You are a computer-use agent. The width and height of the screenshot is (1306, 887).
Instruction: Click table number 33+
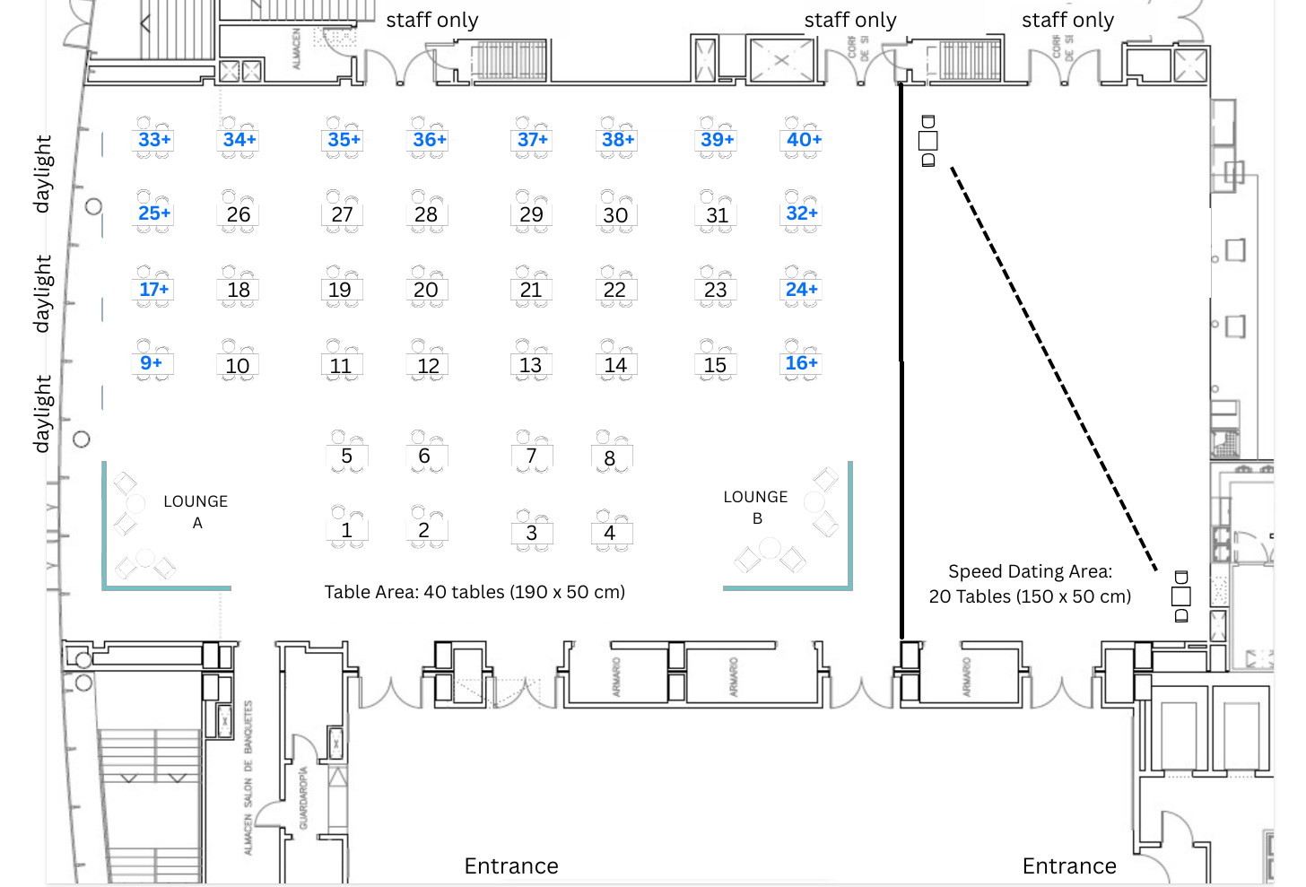154,140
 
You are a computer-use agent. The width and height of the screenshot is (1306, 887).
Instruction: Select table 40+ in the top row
804,140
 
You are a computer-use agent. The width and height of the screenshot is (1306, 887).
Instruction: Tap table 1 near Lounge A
346,530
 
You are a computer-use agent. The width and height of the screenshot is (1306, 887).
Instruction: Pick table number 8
610,458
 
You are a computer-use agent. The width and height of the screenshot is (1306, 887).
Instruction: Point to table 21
531,290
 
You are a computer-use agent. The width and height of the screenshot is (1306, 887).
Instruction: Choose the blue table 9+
152,362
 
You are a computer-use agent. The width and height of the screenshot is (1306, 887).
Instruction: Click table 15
715,365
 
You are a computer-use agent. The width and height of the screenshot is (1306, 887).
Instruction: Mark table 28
426,214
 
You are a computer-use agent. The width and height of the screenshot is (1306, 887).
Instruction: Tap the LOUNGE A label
196,511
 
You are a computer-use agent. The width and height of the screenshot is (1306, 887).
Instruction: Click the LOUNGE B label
756,507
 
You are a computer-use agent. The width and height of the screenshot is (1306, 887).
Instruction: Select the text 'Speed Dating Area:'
1030,571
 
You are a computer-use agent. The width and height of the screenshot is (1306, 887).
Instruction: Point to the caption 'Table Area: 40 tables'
475,592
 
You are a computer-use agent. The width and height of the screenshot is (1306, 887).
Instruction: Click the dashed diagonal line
1054,368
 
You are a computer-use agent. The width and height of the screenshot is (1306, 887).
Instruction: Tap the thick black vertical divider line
901,359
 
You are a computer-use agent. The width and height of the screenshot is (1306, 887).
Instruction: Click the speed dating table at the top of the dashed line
928,141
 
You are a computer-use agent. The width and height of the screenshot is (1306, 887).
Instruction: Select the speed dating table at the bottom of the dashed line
1181,596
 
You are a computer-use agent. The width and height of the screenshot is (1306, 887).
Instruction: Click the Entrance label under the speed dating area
1069,865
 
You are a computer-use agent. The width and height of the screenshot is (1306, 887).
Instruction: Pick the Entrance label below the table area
511,865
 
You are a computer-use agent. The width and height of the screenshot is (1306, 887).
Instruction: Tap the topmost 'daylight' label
42,174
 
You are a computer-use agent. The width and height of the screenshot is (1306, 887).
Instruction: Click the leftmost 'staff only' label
432,20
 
